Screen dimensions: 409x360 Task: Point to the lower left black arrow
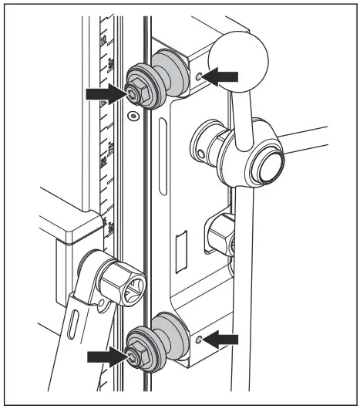[106, 356]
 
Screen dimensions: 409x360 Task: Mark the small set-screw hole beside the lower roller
[200, 339]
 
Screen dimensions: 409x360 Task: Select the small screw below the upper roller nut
[134, 117]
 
